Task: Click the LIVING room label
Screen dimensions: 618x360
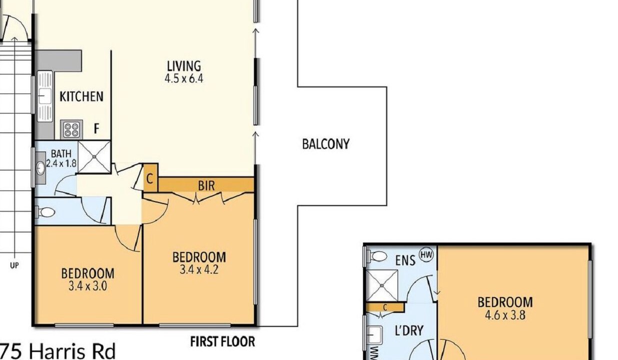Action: coord(184,66)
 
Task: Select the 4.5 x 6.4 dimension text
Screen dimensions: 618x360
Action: coord(184,78)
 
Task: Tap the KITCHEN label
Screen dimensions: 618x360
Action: coord(81,96)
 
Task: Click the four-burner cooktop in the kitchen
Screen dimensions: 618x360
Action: coord(71,129)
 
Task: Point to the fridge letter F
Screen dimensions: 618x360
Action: coord(96,128)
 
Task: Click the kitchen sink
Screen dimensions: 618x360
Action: coord(44,96)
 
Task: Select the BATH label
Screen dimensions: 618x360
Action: coord(61,153)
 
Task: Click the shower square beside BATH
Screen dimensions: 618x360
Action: coord(94,157)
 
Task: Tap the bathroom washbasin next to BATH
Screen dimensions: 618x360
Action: coord(40,167)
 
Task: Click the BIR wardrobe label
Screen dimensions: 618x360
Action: coord(206,185)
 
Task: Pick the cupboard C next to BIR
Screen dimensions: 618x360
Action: coord(149,179)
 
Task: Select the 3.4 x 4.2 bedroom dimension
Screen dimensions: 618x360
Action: coord(199,269)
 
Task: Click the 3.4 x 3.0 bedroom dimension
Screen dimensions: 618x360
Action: coord(87,286)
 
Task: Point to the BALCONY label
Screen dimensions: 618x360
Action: coord(326,144)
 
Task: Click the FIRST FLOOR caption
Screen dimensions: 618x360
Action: coord(222,342)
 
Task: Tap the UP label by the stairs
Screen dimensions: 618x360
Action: coord(14,265)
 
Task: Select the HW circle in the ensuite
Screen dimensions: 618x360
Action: coord(426,254)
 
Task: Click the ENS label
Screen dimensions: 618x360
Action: coord(405,260)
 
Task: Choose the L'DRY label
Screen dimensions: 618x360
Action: coord(409,330)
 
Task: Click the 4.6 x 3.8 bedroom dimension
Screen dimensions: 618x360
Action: coord(505,315)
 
